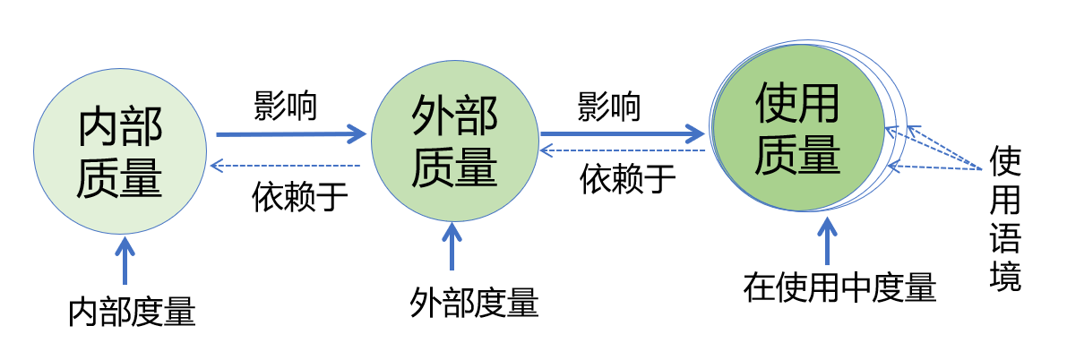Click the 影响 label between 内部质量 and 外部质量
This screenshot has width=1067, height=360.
click(285, 107)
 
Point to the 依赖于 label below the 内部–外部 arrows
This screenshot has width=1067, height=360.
click(299, 195)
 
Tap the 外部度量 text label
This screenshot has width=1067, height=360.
click(474, 303)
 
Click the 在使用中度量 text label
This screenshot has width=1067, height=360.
click(839, 288)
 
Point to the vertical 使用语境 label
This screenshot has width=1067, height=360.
click(1005, 219)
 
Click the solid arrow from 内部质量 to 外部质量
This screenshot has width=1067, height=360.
click(291, 135)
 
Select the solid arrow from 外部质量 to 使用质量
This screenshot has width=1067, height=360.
click(623, 136)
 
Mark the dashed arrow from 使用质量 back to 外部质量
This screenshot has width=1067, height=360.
click(627, 151)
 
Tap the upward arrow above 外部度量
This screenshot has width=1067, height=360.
click(451, 245)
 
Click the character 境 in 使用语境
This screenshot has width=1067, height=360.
click(1005, 277)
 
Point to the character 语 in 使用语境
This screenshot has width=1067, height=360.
click(1005, 238)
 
